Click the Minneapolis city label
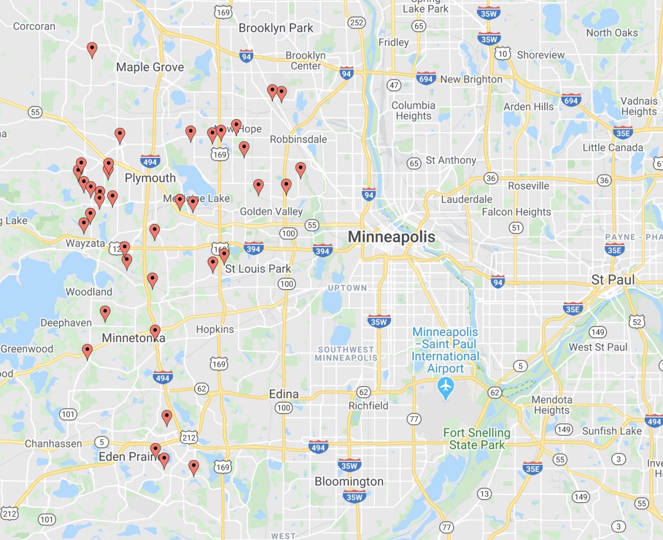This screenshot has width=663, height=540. click(x=391, y=237)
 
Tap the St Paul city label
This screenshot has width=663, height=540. click(x=613, y=280)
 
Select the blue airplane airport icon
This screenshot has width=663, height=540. click(x=445, y=387)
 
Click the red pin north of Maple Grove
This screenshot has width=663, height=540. click(x=92, y=50)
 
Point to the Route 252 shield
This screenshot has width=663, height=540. click(x=356, y=22)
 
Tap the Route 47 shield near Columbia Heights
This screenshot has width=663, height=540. click(x=394, y=85)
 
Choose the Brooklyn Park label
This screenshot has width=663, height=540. click(x=276, y=28)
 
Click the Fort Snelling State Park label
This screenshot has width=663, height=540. click(x=476, y=438)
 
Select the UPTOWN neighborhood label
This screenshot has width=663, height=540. click(x=347, y=288)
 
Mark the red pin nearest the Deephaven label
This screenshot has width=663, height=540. click(x=105, y=313)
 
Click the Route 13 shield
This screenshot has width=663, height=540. click(x=484, y=493)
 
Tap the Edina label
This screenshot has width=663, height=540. click(x=283, y=394)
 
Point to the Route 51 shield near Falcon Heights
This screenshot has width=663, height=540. click(x=516, y=228)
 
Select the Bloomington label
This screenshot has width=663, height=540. click(x=349, y=481)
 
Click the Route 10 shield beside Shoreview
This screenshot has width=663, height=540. click(x=502, y=53)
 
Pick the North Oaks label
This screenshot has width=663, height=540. click(x=612, y=33)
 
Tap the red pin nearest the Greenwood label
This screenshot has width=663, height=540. click(x=88, y=351)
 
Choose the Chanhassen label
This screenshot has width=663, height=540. click(x=53, y=444)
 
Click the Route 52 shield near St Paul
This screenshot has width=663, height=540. click(x=637, y=322)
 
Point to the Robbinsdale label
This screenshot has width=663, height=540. click(x=298, y=139)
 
